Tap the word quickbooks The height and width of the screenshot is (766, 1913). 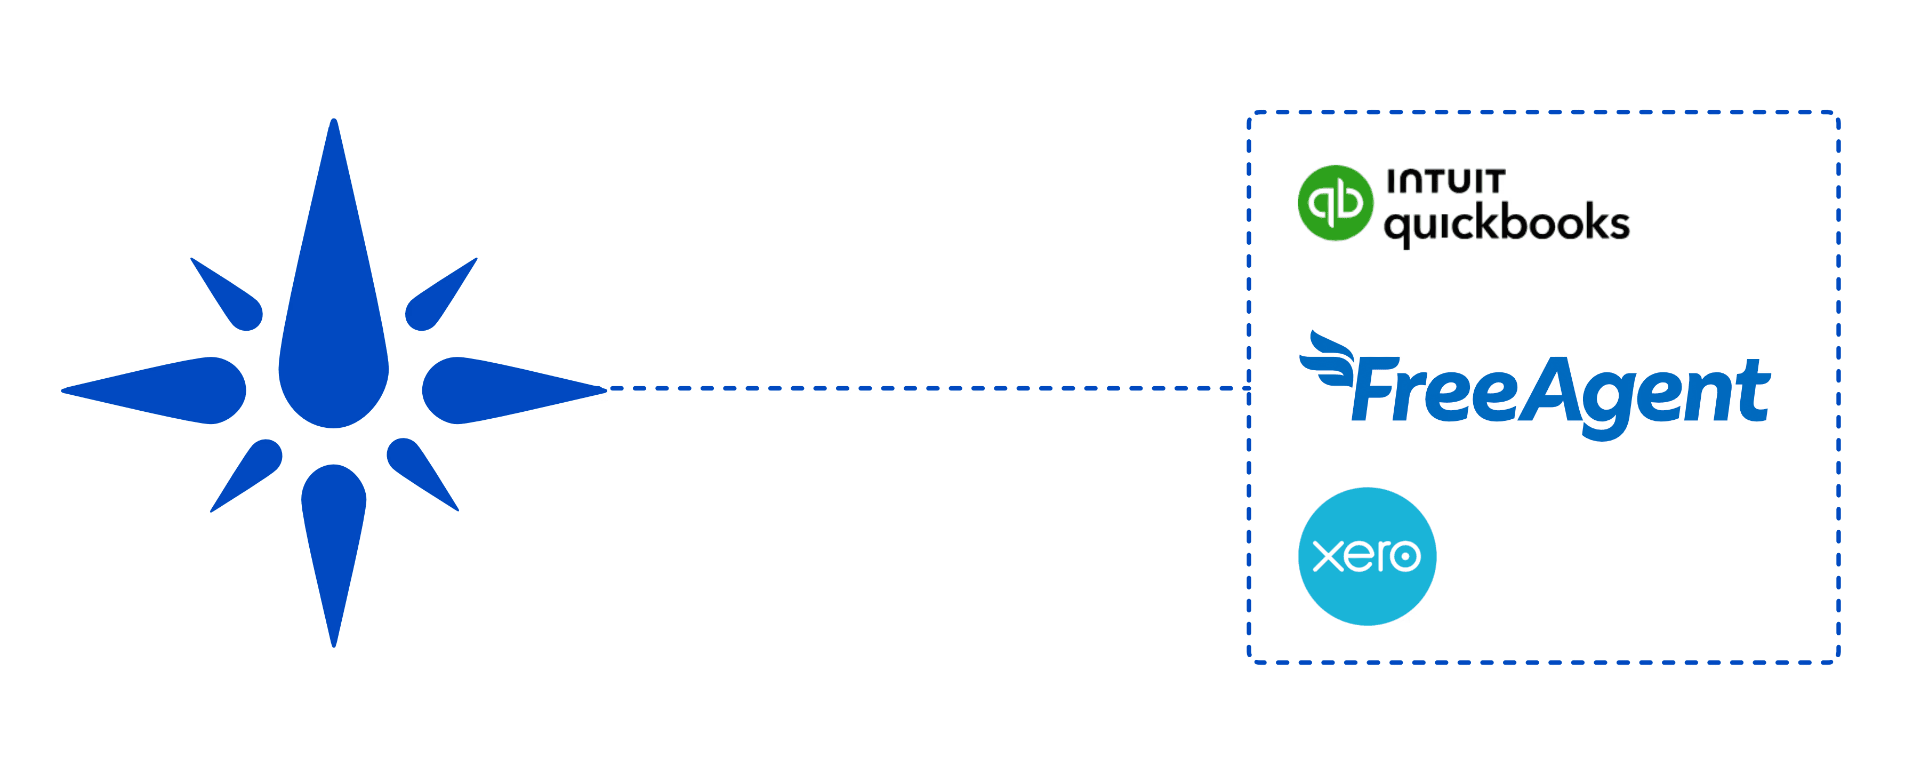(1506, 223)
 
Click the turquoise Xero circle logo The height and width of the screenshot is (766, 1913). (1367, 556)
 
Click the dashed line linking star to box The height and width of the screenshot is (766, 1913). (928, 388)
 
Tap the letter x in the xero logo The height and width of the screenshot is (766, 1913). (1327, 556)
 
